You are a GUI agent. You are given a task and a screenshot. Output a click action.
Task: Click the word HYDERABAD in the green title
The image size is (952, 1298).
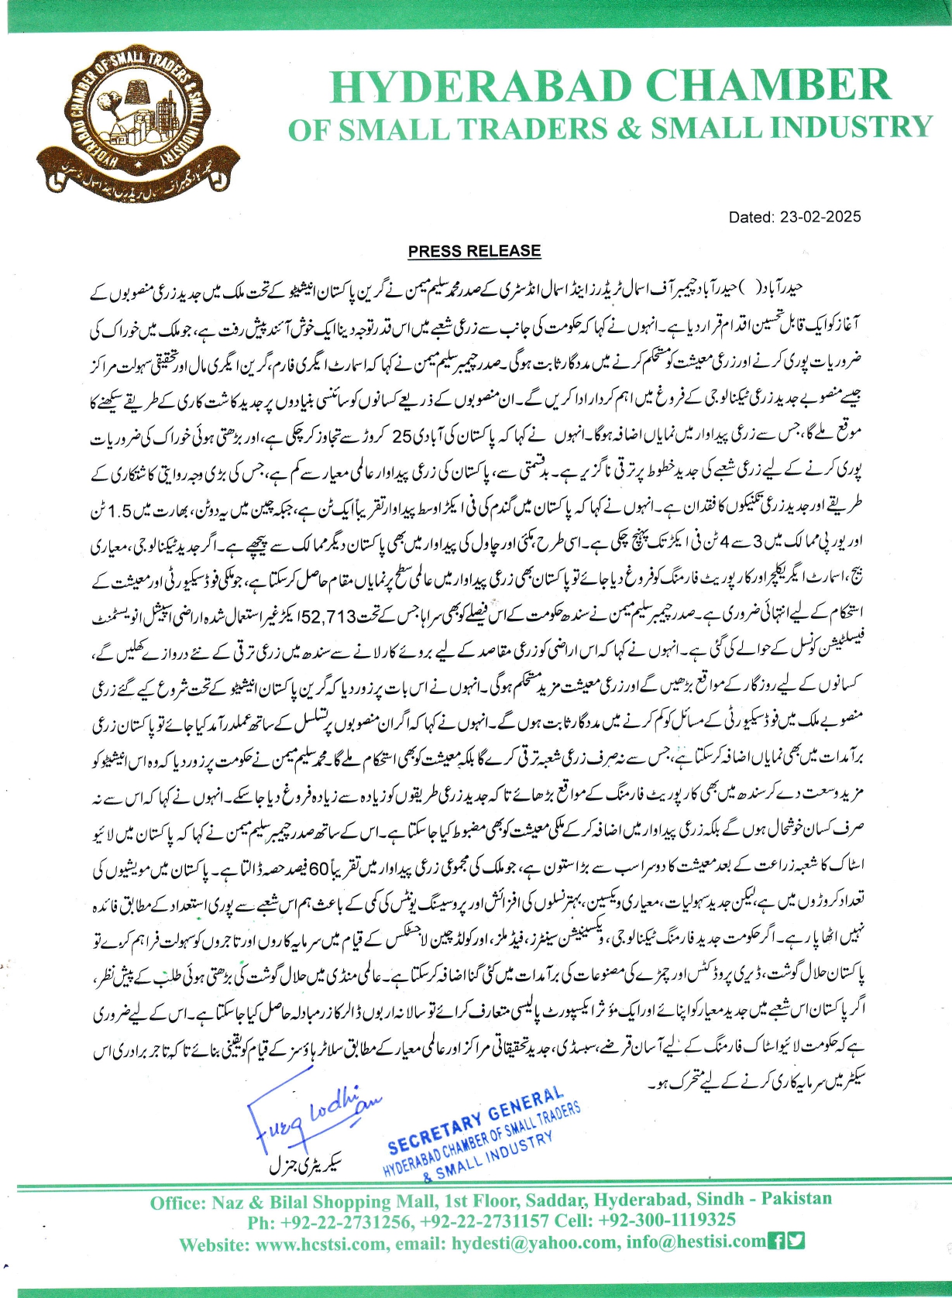click(x=481, y=87)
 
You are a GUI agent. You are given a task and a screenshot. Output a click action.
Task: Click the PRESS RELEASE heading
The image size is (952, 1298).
click(x=474, y=251)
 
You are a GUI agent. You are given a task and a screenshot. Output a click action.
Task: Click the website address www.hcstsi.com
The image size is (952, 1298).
click(x=321, y=1245)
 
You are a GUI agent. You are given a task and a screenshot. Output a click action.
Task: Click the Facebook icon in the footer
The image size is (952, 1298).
click(x=776, y=1241)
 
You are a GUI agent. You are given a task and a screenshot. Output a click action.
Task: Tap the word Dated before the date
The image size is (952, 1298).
click(x=751, y=218)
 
